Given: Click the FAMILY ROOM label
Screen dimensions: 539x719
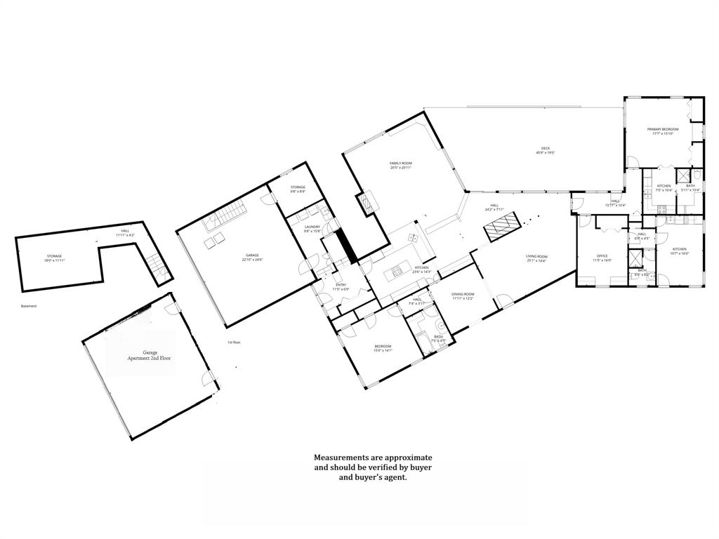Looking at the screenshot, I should [400, 165].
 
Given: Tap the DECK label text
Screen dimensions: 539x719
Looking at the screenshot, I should [545, 149].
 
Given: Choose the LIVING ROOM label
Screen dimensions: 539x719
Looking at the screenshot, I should [536, 258].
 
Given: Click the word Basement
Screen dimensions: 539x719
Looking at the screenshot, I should [29, 306].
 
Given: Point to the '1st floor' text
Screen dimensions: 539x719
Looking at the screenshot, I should [234, 342].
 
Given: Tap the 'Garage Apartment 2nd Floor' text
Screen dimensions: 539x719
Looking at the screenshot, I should [150, 355].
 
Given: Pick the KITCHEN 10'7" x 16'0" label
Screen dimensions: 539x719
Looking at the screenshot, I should [679, 251].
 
